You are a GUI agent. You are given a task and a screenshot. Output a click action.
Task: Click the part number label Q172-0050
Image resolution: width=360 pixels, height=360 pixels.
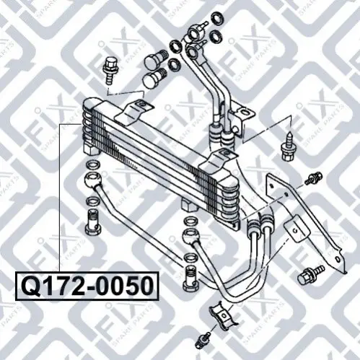tap(87, 286)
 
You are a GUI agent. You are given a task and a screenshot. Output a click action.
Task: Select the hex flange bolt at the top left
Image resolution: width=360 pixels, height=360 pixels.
tap(110, 71)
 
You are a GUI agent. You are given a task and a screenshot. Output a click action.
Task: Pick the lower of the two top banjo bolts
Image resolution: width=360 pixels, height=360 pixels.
tap(154, 78)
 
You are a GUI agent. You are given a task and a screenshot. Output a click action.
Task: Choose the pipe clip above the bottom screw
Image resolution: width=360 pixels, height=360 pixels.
tap(223, 315)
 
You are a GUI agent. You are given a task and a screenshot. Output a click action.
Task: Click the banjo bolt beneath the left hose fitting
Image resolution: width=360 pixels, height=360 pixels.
tap(92, 221)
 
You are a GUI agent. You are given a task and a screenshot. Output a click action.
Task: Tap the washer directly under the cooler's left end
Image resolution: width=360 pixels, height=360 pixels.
tap(93, 165)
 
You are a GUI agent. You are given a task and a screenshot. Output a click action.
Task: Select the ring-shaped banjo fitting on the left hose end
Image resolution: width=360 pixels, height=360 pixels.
tap(93, 180)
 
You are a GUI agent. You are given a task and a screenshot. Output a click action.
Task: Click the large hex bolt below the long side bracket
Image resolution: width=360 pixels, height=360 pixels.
tap(310, 275)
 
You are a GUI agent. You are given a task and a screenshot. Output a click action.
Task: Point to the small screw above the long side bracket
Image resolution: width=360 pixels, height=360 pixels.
tap(314, 178)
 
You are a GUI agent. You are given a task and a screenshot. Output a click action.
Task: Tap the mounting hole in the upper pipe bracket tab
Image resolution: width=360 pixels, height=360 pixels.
tap(243, 112)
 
